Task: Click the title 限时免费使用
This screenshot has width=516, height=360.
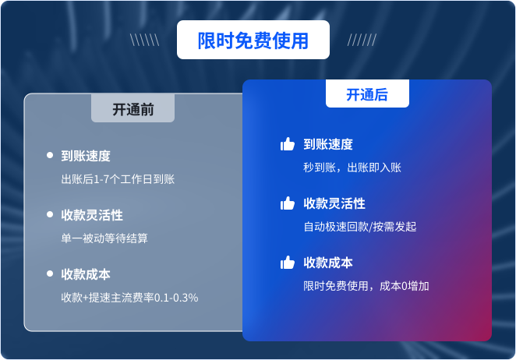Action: (x=253, y=41)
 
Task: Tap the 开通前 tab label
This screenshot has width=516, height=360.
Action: (x=133, y=110)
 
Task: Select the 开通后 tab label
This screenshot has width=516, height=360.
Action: (x=367, y=95)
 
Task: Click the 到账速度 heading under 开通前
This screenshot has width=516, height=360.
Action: (x=86, y=156)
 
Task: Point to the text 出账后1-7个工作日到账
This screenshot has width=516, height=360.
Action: (x=118, y=179)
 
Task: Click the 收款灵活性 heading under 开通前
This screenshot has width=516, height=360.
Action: (x=92, y=215)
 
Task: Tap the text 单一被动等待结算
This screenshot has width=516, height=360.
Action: (x=104, y=238)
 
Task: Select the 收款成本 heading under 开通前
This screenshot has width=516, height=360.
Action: (x=86, y=274)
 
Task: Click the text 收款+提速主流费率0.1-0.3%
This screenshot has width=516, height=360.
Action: (x=129, y=298)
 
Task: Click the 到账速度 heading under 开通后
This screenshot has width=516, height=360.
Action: (x=328, y=144)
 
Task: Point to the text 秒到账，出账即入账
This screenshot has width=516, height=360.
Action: (x=352, y=168)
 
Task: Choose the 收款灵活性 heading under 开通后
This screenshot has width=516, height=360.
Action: (x=334, y=203)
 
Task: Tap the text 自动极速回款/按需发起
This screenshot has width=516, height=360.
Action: (x=360, y=227)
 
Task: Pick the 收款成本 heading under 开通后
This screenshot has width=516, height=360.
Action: (x=328, y=263)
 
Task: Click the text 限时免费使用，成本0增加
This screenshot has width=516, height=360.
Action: (x=366, y=286)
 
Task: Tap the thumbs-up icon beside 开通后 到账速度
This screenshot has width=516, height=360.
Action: (x=288, y=144)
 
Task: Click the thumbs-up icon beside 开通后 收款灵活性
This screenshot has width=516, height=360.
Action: (x=288, y=203)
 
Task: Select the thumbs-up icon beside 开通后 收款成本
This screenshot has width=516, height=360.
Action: (x=288, y=263)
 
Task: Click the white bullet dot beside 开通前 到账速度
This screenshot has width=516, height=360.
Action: (x=50, y=156)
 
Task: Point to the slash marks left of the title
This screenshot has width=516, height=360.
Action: (x=145, y=41)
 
